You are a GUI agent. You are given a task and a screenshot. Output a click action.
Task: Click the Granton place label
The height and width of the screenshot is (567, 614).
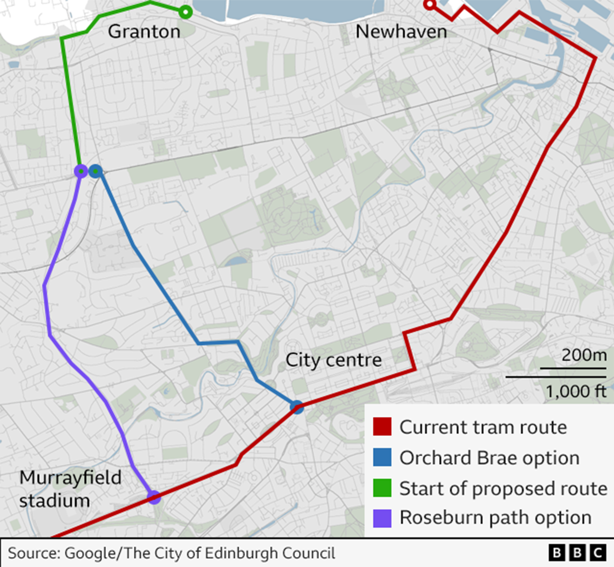(x=144, y=32)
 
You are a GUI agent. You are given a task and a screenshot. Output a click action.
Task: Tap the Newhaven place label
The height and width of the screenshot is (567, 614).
(x=401, y=32)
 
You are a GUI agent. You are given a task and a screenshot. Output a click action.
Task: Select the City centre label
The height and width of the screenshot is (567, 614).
(x=333, y=360)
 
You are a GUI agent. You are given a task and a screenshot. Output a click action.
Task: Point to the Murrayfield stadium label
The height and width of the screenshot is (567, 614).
(x=70, y=489)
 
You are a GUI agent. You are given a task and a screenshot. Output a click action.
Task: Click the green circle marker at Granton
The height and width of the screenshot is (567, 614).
(x=186, y=12)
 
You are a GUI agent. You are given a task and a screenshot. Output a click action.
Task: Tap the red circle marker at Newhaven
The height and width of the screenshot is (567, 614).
(x=429, y=5)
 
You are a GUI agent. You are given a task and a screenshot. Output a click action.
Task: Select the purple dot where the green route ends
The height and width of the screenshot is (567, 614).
(x=81, y=171)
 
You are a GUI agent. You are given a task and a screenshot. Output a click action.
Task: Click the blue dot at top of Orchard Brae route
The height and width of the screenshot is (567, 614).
(x=96, y=171)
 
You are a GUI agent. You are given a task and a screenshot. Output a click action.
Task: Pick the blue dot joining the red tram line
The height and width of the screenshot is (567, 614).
(x=297, y=408)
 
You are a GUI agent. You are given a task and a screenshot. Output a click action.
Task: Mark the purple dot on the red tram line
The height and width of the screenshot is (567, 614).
(x=153, y=497)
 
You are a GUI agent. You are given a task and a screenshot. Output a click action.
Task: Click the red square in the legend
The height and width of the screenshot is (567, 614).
(x=382, y=426)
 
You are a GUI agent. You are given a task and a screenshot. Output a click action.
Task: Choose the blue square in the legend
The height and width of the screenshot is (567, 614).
(x=382, y=457)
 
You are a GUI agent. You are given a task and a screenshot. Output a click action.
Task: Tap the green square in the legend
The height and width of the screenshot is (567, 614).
(x=382, y=488)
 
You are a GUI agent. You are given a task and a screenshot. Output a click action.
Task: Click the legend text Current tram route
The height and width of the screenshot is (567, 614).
(x=483, y=427)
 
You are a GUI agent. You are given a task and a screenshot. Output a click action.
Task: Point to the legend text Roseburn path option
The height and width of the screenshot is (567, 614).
(x=496, y=518)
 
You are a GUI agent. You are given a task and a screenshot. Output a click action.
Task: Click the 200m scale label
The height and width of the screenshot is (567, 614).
(x=584, y=355)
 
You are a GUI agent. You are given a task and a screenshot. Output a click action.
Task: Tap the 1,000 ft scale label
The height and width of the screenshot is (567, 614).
(x=576, y=391)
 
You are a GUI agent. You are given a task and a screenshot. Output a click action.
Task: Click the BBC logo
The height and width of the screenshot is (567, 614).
(x=577, y=553)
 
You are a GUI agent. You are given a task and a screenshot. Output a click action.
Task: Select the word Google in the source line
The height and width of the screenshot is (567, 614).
(x=90, y=553)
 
